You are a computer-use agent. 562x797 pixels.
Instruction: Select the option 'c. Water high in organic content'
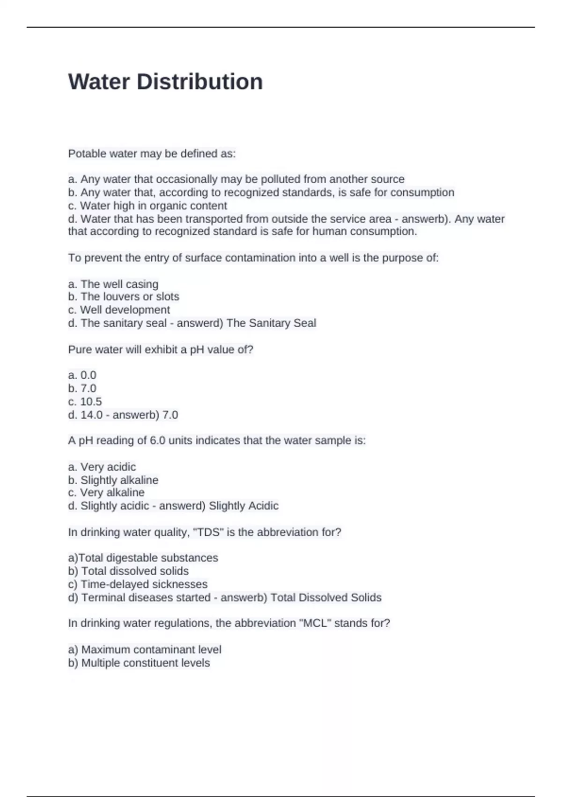[148, 206]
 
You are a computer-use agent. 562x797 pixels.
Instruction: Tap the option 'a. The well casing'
[113, 284]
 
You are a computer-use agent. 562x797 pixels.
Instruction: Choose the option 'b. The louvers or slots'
[124, 297]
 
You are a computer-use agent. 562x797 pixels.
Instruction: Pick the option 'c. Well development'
[119, 310]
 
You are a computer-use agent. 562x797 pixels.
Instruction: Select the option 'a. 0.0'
[82, 375]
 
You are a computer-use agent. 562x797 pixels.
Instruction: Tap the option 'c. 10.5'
[85, 402]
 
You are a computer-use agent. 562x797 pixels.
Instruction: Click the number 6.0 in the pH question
[157, 441]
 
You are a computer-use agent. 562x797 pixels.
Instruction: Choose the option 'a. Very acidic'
[102, 467]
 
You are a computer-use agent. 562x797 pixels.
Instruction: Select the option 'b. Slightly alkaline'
[113, 480]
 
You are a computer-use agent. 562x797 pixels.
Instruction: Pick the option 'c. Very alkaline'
[106, 493]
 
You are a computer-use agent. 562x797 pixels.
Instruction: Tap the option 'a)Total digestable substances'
[143, 558]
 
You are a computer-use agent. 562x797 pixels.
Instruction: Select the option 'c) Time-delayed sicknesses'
[138, 585]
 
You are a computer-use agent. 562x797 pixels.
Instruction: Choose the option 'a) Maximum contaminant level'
[145, 650]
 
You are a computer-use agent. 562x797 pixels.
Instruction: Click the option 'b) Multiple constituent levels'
[139, 663]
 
